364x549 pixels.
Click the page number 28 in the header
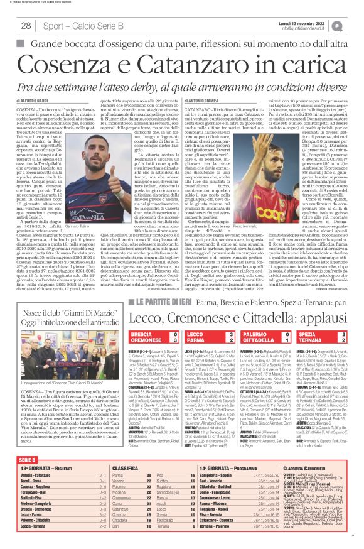click(x=26, y=25)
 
